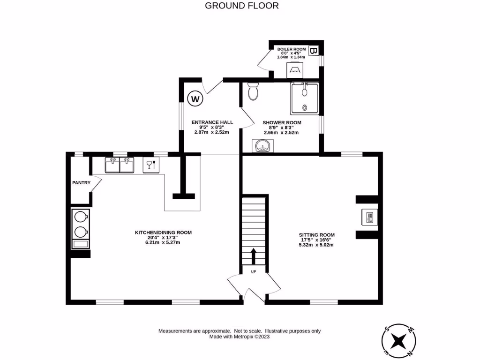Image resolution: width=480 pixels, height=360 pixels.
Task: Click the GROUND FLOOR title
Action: point(242,6)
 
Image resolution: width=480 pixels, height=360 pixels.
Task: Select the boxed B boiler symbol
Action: point(314,51)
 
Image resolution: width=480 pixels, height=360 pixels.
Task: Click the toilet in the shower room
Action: point(253,91)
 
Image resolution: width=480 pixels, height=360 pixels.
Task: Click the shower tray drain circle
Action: point(305,107)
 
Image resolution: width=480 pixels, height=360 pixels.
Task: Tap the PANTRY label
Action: point(81,183)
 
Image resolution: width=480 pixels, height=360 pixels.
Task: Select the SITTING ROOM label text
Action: point(317,235)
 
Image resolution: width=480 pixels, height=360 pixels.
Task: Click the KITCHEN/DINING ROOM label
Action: point(163,232)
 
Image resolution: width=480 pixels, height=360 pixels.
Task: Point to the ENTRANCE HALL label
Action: point(212,122)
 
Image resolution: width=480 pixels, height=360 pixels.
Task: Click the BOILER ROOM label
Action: point(291,49)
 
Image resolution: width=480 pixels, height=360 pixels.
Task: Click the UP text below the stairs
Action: point(254,272)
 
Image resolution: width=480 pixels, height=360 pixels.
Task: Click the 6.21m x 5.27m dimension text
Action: point(163,242)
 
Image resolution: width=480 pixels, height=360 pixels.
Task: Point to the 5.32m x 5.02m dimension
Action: point(317,245)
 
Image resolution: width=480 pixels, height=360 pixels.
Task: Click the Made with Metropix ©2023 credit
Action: point(240,337)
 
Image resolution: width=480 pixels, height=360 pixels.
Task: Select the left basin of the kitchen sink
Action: point(112,165)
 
